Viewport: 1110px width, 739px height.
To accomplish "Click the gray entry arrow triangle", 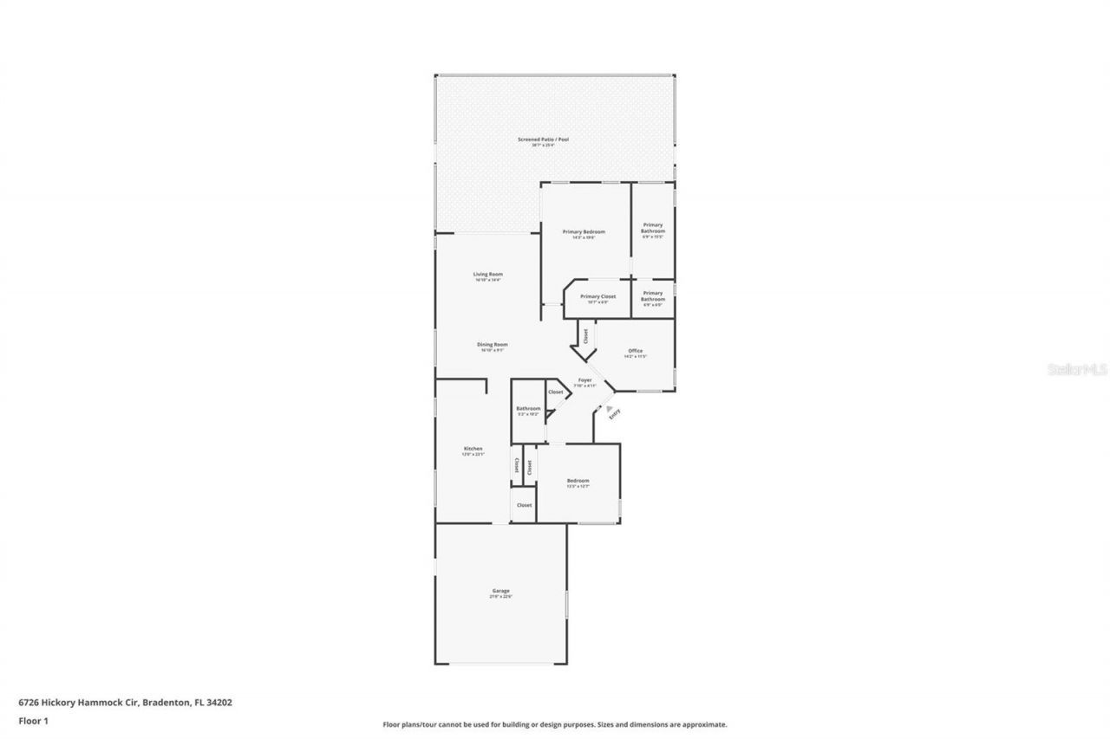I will click(610, 408).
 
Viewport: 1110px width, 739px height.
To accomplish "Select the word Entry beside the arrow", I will click(615, 415).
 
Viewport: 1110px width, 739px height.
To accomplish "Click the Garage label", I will click(501, 593).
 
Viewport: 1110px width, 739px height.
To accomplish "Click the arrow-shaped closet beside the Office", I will click(584, 335).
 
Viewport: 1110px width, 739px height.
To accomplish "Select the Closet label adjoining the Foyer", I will click(556, 392).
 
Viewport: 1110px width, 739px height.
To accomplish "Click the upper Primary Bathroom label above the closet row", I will click(653, 230).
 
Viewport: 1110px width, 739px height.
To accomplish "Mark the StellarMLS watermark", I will click(1076, 369).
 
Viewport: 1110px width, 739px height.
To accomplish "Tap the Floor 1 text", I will click(33, 720).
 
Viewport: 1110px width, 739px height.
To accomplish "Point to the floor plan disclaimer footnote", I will click(555, 724).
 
